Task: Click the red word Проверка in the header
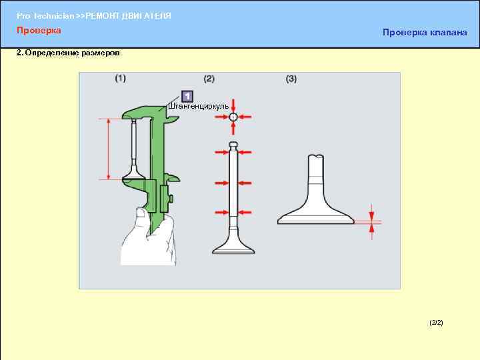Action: [39, 30]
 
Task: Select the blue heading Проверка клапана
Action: [425, 33]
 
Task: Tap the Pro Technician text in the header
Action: [45, 16]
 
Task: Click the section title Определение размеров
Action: [72, 53]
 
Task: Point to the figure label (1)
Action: [120, 79]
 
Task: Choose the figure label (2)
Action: [209, 79]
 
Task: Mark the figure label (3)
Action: [291, 79]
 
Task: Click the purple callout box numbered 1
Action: [187, 96]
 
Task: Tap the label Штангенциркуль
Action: [199, 106]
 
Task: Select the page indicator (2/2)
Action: [436, 323]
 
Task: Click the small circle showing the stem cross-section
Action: [233, 117]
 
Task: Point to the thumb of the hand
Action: [141, 214]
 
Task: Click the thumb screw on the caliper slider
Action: [171, 199]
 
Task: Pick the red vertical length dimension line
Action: [109, 149]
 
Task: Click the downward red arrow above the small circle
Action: [233, 106]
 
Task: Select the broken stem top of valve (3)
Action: [316, 157]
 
